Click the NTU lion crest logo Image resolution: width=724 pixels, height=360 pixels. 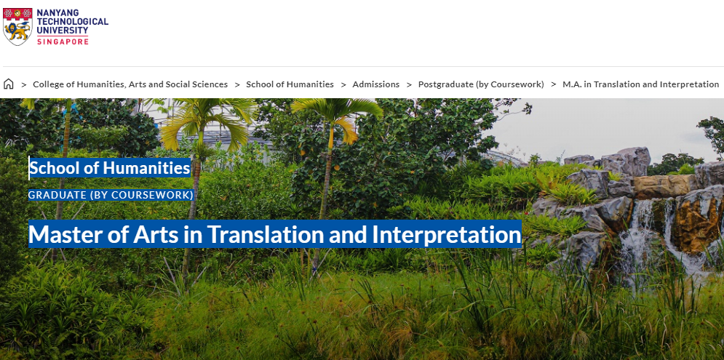pyautogui.click(x=17, y=26)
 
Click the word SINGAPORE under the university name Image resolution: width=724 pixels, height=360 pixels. pyautogui.click(x=63, y=41)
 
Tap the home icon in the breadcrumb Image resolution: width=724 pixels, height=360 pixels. pyautogui.click(x=8, y=84)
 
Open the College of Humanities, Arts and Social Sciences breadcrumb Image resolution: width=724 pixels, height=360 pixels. pyautogui.click(x=130, y=84)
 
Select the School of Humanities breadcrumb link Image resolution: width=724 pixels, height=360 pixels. pyautogui.click(x=290, y=84)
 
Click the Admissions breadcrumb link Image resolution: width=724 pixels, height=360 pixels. pyautogui.click(x=376, y=84)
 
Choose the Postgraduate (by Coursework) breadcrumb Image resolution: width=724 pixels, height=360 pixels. pyautogui.click(x=481, y=84)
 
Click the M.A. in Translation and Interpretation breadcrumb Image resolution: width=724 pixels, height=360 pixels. pyautogui.click(x=641, y=84)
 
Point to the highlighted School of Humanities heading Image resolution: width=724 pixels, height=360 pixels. pyautogui.click(x=110, y=168)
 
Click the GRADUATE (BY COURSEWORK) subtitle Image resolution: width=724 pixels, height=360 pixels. pyautogui.click(x=111, y=195)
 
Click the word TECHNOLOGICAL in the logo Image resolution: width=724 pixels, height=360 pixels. pyautogui.click(x=73, y=21)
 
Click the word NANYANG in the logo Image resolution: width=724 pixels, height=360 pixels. pyautogui.click(x=57, y=12)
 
